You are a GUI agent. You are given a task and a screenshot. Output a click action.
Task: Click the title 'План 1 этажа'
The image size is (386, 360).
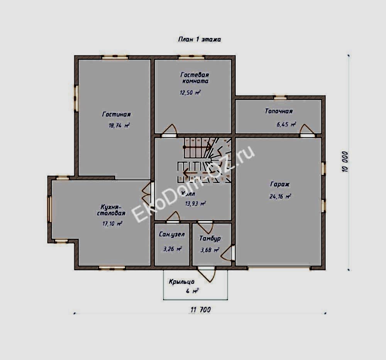click(199, 39)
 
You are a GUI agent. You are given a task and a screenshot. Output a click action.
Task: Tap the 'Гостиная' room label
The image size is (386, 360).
click(116, 115)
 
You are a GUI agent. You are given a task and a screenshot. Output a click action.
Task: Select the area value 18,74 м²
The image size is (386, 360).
click(119, 125)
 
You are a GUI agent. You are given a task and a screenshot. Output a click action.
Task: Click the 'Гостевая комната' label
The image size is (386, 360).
click(195, 78)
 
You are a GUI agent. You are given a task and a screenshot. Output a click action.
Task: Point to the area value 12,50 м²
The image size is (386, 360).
click(190, 93)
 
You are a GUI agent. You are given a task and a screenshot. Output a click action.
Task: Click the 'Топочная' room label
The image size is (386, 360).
click(278, 111)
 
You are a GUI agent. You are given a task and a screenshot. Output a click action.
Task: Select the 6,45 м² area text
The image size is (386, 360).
click(286, 125)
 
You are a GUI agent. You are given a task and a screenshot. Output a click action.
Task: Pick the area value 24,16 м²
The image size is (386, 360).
click(280, 196)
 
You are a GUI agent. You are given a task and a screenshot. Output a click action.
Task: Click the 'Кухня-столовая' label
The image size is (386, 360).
click(111, 210)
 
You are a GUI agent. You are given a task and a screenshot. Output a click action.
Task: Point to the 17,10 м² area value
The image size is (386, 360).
click(112, 223)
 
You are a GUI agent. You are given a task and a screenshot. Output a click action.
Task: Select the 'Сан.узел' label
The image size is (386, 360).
click(172, 235)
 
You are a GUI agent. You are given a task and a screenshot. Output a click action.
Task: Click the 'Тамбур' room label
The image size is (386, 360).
click(210, 239)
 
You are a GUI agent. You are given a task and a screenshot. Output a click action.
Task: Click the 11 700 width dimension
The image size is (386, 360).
click(200, 309)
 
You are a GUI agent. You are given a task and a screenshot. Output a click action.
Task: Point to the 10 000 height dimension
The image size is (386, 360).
click(345, 161)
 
